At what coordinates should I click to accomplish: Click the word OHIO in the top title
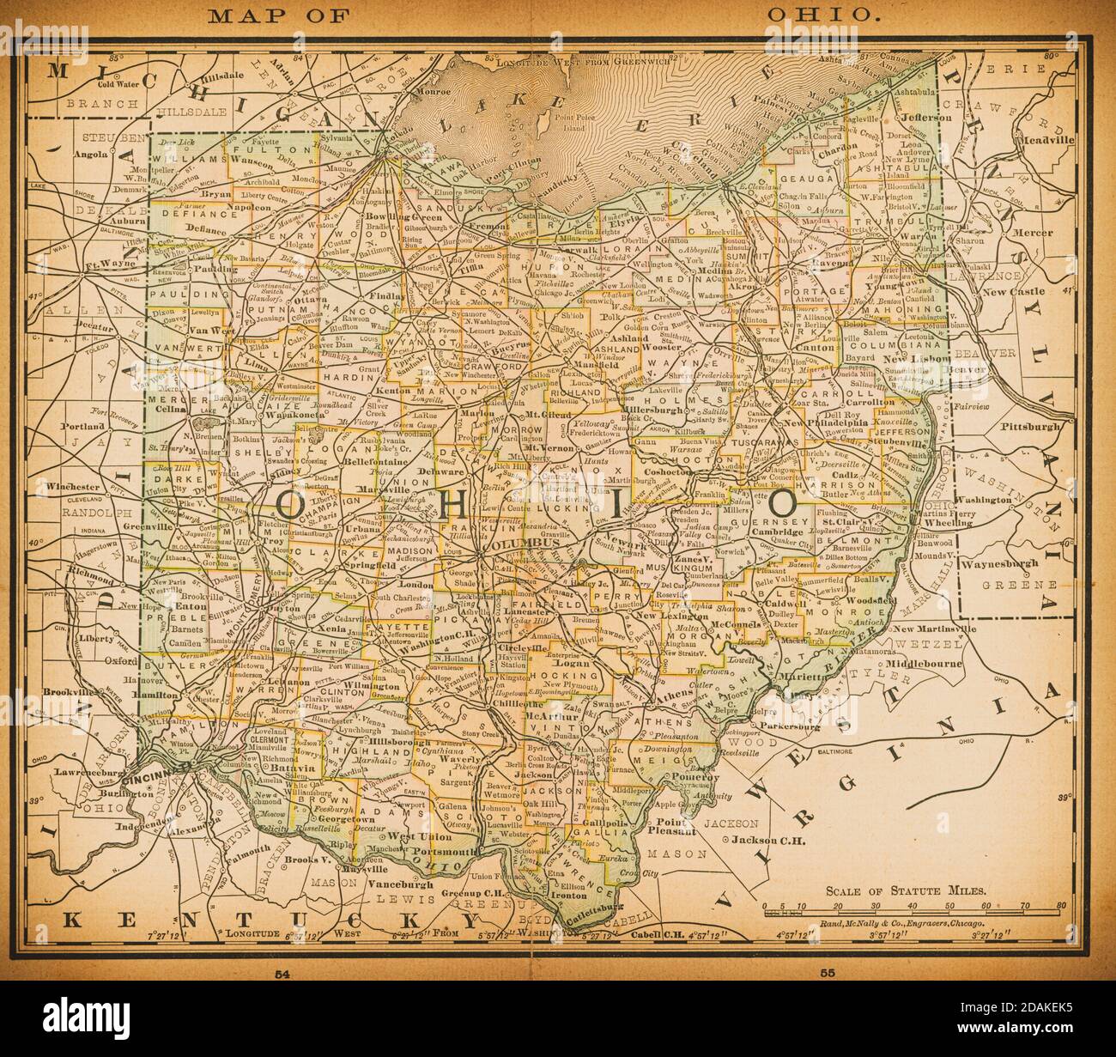click(x=822, y=15)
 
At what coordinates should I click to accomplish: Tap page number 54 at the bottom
click(x=281, y=974)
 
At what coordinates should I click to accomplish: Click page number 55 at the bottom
click(x=828, y=974)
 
